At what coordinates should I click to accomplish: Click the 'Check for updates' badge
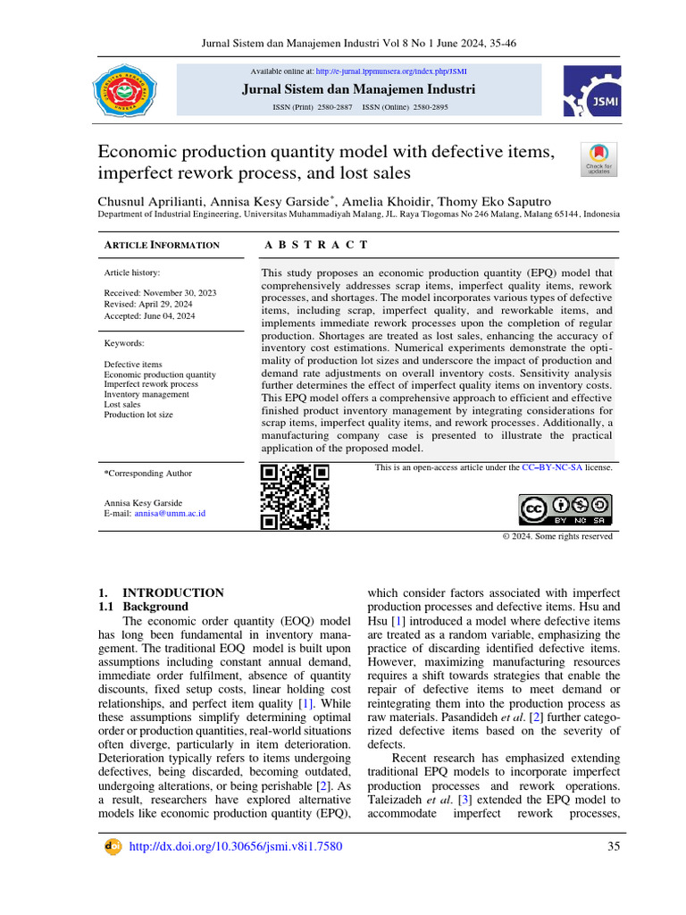[598, 159]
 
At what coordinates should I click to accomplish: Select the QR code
[294, 497]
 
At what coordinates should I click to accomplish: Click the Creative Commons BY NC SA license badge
[565, 509]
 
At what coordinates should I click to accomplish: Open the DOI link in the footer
[236, 847]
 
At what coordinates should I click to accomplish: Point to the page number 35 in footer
[613, 847]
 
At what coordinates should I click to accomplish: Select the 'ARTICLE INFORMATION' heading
[162, 245]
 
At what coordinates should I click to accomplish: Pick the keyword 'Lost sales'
[122, 404]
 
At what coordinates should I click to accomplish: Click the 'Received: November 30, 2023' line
[160, 293]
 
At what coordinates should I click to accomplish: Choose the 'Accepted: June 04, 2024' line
[149, 315]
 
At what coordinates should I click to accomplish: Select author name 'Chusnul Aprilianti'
[153, 202]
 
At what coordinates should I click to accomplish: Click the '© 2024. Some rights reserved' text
[557, 536]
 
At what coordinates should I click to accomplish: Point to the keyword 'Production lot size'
[138, 415]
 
